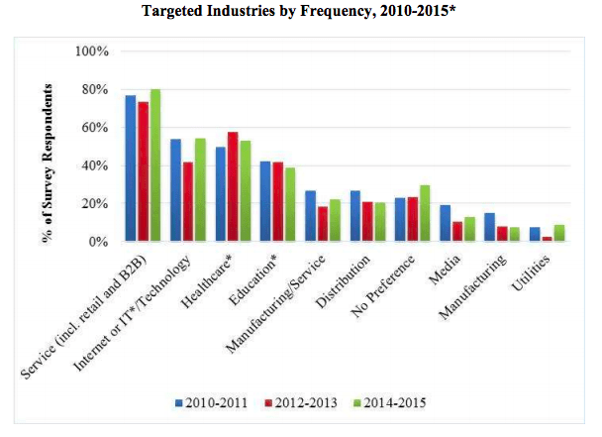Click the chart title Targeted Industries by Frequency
pos(300,14)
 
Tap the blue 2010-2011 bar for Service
pos(130,168)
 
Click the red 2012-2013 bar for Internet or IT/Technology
pos(188,202)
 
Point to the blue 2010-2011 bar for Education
pos(264,201)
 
